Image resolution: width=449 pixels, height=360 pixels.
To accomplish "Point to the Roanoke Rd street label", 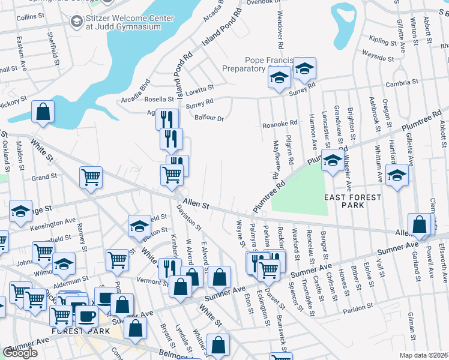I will (280, 124).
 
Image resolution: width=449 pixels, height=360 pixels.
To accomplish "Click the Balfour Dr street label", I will (209, 118).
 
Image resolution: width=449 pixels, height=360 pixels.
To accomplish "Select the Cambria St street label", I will (402, 82).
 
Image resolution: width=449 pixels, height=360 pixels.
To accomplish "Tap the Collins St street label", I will (28, 17).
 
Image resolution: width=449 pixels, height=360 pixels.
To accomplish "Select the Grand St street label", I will (44, 178).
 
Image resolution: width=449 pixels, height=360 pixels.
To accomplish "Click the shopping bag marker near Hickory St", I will (43, 111).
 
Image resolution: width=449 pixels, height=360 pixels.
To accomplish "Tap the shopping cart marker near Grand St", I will (91, 177).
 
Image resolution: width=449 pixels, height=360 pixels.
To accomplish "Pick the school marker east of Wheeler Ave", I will (396, 176).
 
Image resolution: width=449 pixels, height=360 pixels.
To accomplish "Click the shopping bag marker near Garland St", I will (420, 224).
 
